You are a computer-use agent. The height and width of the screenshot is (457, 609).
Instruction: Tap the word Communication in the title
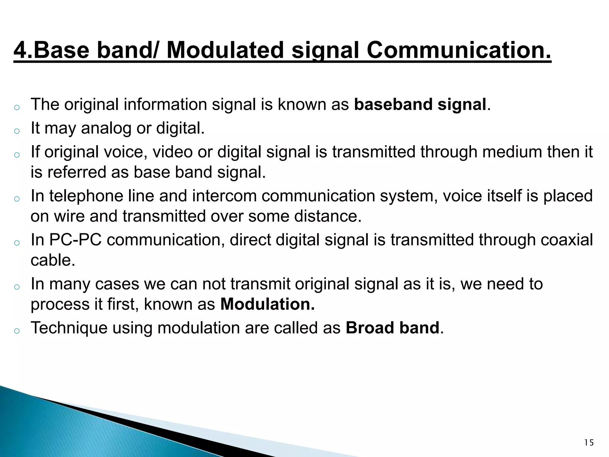coord(459,50)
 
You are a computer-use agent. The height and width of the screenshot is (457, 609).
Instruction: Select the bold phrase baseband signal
coord(420,104)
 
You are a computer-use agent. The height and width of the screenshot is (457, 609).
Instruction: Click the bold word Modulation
coord(267,304)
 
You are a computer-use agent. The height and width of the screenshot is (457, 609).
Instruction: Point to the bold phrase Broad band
coord(393,328)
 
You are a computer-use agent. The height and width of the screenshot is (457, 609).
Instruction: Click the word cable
coord(53,260)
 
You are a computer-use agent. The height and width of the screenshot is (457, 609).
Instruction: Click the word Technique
coord(69,328)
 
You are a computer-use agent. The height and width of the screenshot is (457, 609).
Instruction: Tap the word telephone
coord(86,196)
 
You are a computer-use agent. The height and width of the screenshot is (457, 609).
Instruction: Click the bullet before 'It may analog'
coord(17,131)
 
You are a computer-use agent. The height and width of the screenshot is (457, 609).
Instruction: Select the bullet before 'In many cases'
coord(17,287)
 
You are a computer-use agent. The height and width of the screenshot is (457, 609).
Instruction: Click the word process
coord(60,305)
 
